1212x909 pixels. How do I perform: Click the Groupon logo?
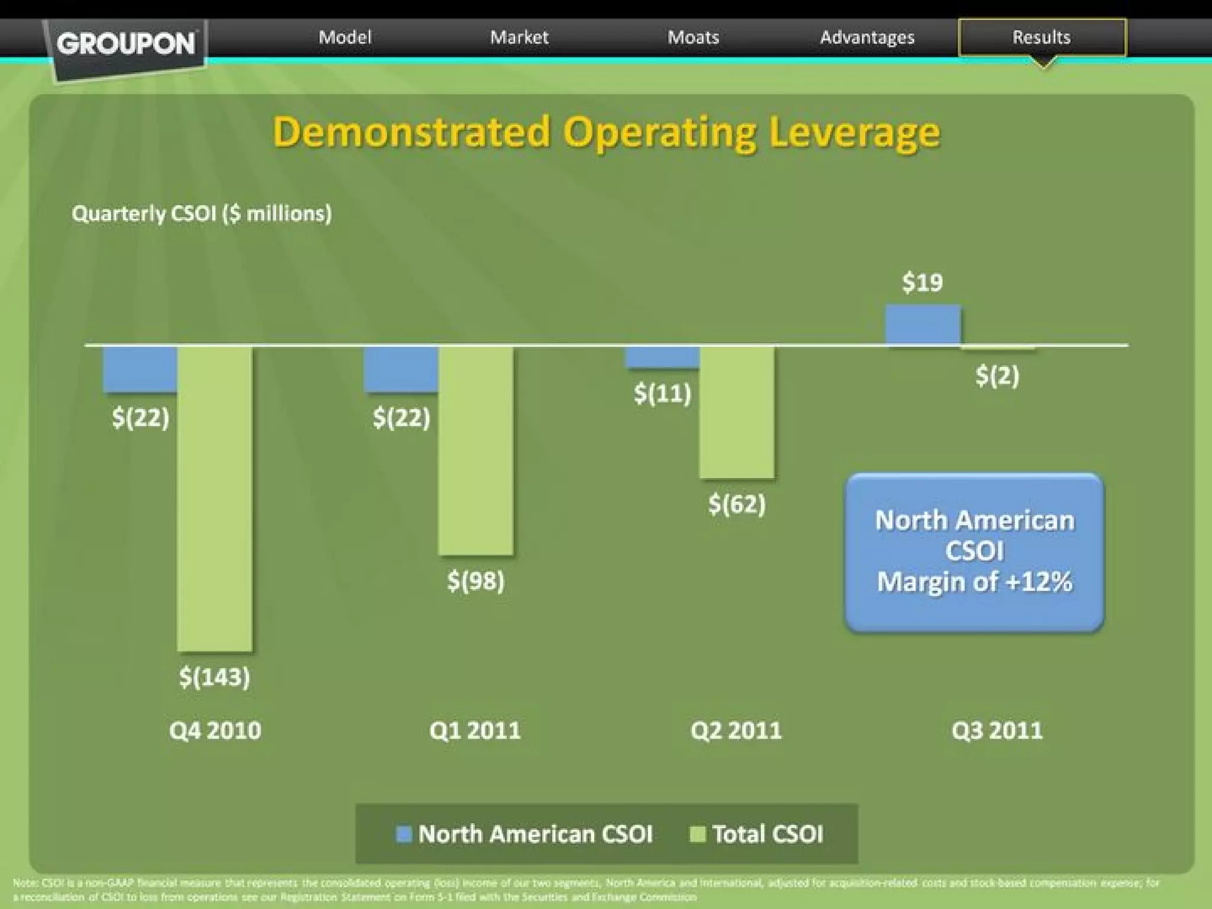(x=126, y=44)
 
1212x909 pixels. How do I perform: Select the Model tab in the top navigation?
(x=345, y=37)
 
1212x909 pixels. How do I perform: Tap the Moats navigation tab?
(x=693, y=37)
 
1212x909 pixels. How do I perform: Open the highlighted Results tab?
(x=1042, y=37)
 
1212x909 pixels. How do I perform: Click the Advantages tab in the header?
(x=867, y=37)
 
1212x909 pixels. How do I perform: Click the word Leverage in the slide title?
(x=855, y=133)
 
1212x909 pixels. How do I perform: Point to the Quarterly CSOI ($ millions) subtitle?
(x=202, y=213)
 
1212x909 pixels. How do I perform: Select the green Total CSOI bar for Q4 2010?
(x=215, y=498)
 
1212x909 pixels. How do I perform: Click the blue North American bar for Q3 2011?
(x=923, y=324)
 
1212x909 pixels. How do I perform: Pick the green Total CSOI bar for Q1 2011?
(x=475, y=450)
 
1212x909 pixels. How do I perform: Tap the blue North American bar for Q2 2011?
(x=663, y=357)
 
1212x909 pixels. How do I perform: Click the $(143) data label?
(x=214, y=676)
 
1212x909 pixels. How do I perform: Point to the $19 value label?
(x=922, y=282)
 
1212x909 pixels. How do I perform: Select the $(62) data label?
(x=737, y=504)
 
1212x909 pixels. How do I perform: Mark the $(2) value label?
(x=997, y=375)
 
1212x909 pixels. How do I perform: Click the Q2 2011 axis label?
(x=736, y=730)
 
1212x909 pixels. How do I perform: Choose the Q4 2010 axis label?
(x=215, y=730)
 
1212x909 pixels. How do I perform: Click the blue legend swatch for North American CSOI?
(x=404, y=834)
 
